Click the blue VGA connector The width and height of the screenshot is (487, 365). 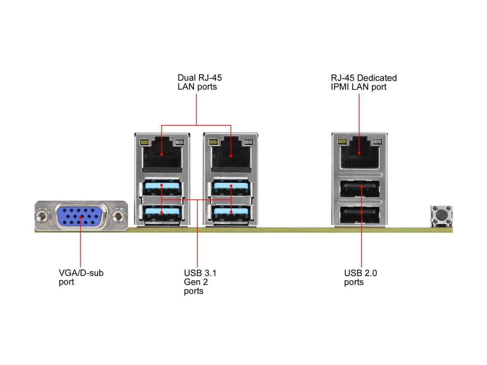tap(80, 216)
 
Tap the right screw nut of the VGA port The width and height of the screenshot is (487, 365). tap(119, 217)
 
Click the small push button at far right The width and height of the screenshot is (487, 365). tap(441, 215)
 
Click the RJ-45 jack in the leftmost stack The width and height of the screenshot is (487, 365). tap(162, 154)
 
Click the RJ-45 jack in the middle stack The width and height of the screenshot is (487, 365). tap(231, 154)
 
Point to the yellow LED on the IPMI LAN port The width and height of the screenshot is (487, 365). tap(341, 142)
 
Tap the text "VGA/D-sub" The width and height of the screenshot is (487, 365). tap(81, 273)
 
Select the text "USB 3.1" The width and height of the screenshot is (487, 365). tap(200, 273)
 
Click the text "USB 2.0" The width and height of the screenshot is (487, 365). tap(360, 273)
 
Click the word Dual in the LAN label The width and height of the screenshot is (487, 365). tap(186, 78)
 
